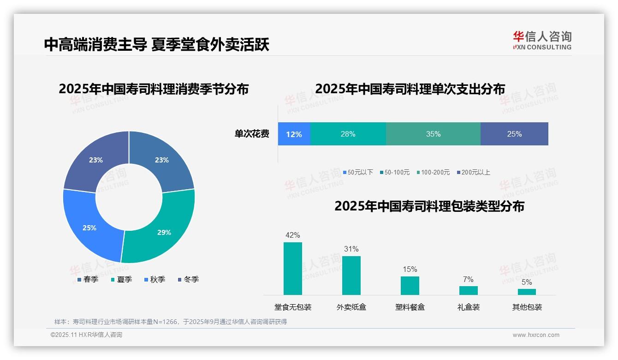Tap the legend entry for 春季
[x=88, y=279]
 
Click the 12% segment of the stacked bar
[x=294, y=134]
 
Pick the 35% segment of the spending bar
[x=433, y=134]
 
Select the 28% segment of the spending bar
[x=348, y=134]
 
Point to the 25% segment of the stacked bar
[x=514, y=134]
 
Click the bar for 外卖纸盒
[x=351, y=276]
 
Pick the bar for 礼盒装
[x=468, y=290]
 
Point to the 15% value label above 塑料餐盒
[x=410, y=269]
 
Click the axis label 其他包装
[x=527, y=307]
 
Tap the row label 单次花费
[x=252, y=134]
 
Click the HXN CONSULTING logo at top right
[x=542, y=40]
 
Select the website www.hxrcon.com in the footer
[x=536, y=335]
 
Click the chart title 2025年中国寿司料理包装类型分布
[x=429, y=206]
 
